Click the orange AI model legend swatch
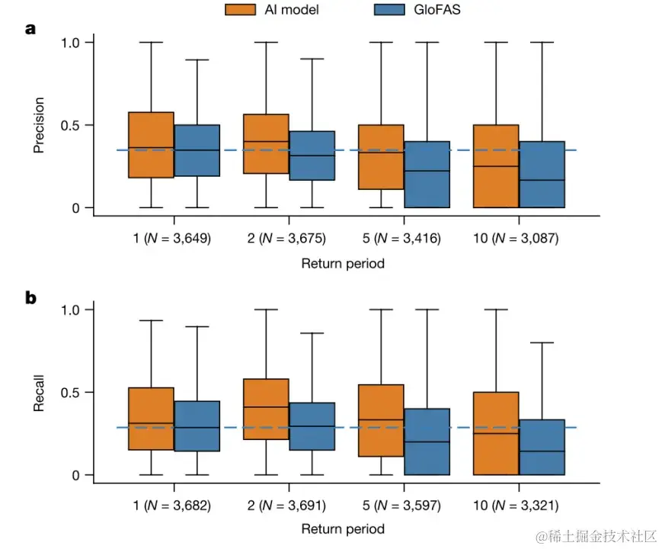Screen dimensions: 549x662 240,10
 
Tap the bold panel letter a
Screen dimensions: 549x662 30,30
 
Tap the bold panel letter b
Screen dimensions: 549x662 30,298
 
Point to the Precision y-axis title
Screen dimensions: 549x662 39,124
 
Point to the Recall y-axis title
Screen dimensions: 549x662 39,393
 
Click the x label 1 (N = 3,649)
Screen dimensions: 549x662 173,239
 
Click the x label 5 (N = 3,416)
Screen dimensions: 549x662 403,239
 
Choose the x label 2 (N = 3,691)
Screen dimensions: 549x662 289,505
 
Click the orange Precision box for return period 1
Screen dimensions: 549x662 151,145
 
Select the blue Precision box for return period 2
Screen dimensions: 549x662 312,156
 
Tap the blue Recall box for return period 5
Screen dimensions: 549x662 427,441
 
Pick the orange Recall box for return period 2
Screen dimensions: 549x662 266,409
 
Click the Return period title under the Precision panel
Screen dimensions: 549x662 343,264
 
